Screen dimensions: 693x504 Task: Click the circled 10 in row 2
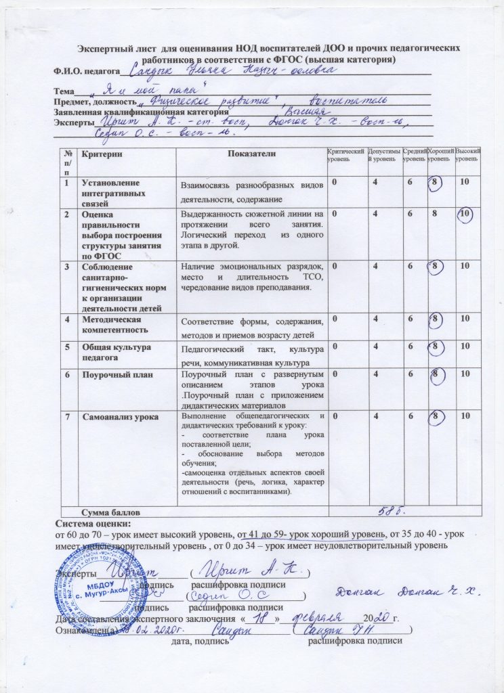point(464,215)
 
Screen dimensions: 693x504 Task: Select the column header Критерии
point(99,154)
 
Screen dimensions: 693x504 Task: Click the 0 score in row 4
point(333,321)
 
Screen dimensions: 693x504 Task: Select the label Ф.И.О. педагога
point(82,70)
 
